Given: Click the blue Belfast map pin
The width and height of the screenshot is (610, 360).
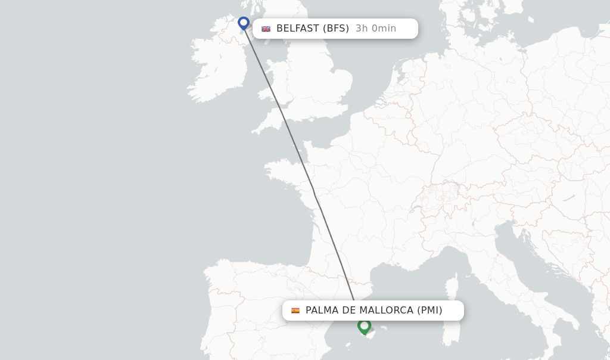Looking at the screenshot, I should click(243, 23).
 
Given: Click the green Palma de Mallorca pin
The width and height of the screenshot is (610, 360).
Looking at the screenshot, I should click(364, 326).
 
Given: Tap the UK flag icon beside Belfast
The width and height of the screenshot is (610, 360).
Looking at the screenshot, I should click(266, 29).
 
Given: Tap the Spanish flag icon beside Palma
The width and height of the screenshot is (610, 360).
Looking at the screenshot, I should click(295, 311).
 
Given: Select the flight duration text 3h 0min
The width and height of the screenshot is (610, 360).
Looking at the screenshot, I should click(376, 29).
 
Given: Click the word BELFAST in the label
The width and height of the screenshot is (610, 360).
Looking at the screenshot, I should click(297, 29).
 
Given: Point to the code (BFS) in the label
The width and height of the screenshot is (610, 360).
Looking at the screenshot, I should click(336, 29).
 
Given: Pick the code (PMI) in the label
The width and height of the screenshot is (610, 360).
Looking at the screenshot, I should click(430, 311).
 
